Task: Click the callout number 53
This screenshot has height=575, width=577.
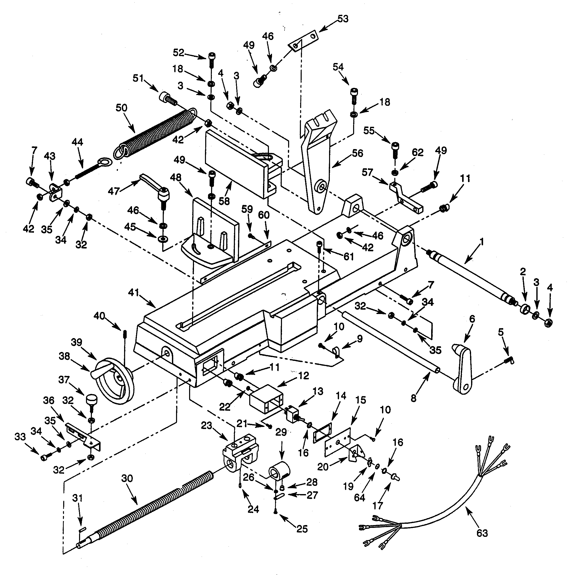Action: click(x=343, y=19)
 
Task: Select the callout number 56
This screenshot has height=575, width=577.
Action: click(x=357, y=153)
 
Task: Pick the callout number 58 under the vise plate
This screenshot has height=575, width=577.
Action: click(x=224, y=201)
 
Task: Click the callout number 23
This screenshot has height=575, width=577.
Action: click(x=206, y=425)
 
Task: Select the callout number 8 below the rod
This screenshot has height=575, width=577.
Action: click(x=413, y=398)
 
